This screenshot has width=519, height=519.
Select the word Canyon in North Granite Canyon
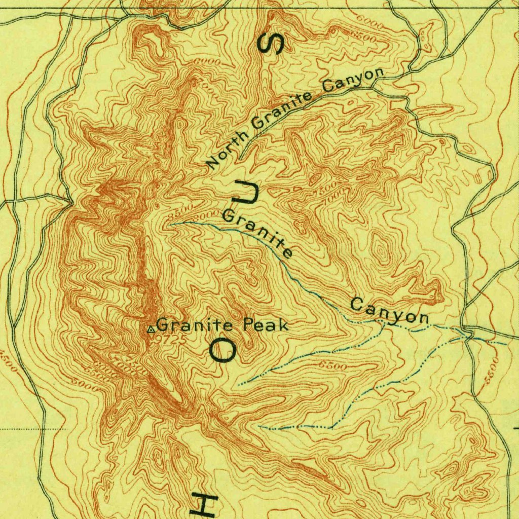point(353,80)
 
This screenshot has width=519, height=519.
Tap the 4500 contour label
point(9,361)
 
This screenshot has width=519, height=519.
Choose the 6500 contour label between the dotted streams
point(332,365)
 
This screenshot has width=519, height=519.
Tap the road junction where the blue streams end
point(470,335)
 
